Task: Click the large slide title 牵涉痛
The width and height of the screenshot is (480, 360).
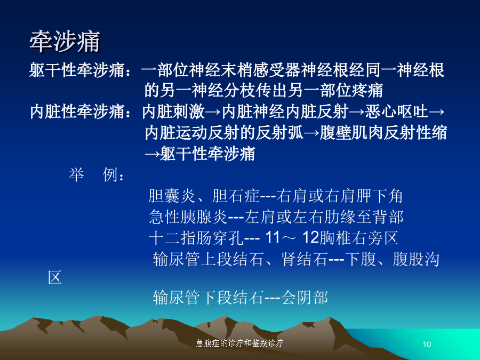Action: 65,41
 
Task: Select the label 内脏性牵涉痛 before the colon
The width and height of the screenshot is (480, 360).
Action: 77,111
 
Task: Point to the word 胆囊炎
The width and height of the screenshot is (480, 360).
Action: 172,196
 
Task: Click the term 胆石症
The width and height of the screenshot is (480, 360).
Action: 236,196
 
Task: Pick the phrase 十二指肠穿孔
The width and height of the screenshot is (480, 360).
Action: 196,238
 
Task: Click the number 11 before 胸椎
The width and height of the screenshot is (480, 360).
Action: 273,237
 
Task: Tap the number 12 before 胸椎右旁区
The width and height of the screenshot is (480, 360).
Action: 311,237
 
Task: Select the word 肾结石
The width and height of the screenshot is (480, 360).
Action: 305,259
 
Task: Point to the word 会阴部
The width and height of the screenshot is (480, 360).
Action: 305,297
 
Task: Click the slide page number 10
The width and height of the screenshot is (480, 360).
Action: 427,345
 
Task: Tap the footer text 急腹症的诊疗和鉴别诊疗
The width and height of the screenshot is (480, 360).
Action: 239,343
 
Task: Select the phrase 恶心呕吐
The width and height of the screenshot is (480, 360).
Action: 396,111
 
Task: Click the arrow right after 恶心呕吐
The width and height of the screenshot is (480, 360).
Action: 436,112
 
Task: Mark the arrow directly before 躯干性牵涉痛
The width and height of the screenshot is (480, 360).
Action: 152,154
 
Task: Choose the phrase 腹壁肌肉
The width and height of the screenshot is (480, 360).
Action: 351,133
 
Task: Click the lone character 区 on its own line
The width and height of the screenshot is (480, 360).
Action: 55,277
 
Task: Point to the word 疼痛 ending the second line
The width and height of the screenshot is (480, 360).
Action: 367,90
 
